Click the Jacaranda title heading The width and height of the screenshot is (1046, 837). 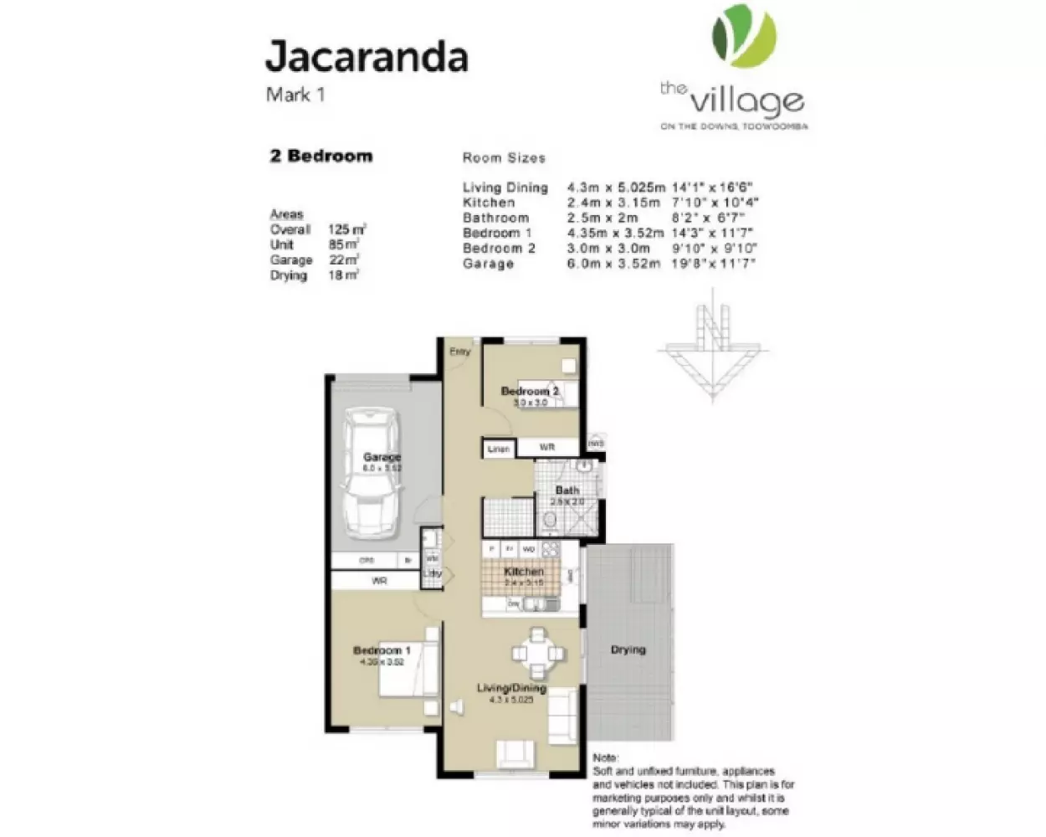366,57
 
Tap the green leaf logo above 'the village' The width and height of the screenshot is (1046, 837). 744,35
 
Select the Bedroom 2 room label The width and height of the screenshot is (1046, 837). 530,391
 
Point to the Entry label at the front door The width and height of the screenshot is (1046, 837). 459,352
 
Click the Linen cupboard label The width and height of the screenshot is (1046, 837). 499,449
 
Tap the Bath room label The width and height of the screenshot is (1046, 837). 567,490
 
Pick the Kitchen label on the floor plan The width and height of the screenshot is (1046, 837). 524,572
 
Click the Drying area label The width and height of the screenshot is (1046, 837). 628,650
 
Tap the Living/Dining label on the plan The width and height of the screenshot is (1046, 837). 511,688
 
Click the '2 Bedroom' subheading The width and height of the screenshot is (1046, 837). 321,157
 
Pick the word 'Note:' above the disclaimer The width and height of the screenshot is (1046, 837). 605,757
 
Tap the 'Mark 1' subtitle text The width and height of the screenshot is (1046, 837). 295,95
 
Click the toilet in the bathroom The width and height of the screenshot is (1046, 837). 550,523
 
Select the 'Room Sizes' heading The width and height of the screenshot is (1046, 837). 504,157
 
